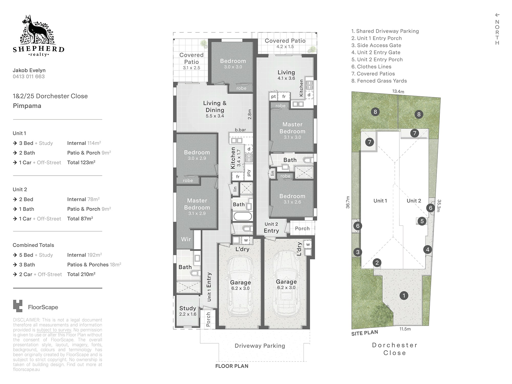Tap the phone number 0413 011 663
(29, 77)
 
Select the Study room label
(188, 308)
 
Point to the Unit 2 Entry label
(271, 228)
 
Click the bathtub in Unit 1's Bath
(242, 216)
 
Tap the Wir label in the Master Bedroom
(186, 239)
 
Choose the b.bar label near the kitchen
(240, 130)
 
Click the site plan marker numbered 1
(404, 296)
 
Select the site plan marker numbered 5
(422, 221)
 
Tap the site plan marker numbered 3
(358, 252)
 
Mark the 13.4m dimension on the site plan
(398, 91)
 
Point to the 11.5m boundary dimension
(405, 329)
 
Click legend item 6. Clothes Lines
(371, 67)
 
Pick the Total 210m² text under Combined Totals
(81, 274)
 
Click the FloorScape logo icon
(18, 306)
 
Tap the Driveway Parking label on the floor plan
(260, 346)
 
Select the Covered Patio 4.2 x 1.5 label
(285, 43)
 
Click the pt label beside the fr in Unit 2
(273, 97)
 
